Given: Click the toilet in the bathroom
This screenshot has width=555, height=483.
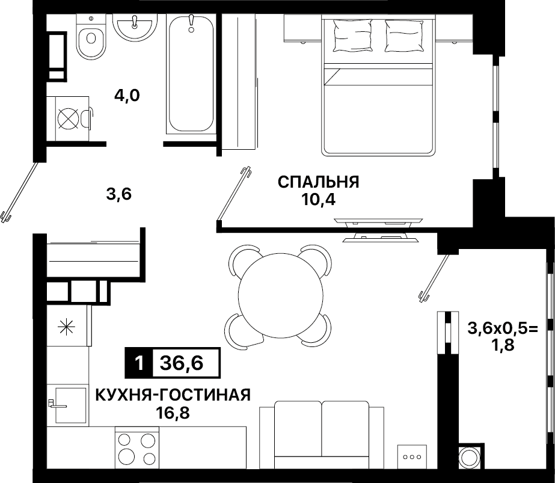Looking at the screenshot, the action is pyautogui.click(x=91, y=37).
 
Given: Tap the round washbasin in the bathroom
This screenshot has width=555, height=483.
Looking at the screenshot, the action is pyautogui.click(x=135, y=26).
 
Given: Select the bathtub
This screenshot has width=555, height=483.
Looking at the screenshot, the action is pyautogui.click(x=191, y=74).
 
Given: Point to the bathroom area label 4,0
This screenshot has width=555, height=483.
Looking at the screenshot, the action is pyautogui.click(x=127, y=96).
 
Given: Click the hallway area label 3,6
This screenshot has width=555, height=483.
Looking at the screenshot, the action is pyautogui.click(x=119, y=194).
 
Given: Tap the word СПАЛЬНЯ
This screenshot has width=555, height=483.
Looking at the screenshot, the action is pyautogui.click(x=318, y=182).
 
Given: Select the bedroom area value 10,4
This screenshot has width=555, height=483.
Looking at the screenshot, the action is pyautogui.click(x=318, y=200).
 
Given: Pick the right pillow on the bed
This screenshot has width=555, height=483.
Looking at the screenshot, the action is pyautogui.click(x=404, y=35).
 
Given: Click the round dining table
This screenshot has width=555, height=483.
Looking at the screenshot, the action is pyautogui.click(x=281, y=295).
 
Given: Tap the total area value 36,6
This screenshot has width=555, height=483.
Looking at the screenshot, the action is pyautogui.click(x=182, y=363).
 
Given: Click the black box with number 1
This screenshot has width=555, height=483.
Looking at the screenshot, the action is pyautogui.click(x=139, y=363).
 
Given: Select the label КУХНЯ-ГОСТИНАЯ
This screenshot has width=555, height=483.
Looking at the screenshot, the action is pyautogui.click(x=173, y=395).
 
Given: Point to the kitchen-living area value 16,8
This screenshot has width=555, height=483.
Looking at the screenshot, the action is pyautogui.click(x=173, y=413).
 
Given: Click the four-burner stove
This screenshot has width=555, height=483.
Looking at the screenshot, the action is pyautogui.click(x=137, y=448).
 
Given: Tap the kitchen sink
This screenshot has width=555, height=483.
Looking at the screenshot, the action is pyautogui.click(x=70, y=405).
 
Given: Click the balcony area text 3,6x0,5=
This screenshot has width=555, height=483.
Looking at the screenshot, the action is pyautogui.click(x=503, y=328).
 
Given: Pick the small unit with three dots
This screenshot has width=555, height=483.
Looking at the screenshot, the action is pyautogui.click(x=412, y=457).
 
